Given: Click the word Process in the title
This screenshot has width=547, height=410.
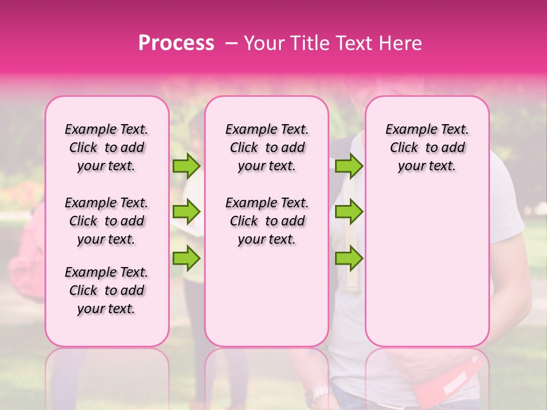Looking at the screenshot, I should coord(176,43).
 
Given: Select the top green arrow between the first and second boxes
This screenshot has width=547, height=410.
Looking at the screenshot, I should coord(186,166).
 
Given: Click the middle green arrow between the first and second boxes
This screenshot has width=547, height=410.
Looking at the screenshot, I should coord(186,212).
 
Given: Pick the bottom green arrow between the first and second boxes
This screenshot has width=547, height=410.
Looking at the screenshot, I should coord(186,259).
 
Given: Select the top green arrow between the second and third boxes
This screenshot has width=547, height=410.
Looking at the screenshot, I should coord(349,166).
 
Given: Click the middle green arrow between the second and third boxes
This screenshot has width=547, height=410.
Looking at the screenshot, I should coord(349,212).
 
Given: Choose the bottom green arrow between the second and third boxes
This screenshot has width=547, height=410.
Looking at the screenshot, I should coord(349,259).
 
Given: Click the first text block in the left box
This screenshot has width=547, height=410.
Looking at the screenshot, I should coord(107,147).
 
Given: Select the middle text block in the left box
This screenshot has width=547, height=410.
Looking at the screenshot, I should coord(107,221).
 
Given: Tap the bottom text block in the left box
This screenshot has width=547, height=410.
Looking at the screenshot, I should coord(107,290).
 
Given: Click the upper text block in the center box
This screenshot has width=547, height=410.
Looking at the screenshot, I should coord(267,147).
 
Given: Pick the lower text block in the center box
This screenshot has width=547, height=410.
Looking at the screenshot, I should coord(267,221).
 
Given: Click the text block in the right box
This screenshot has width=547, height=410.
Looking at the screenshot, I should coord(427,147).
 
